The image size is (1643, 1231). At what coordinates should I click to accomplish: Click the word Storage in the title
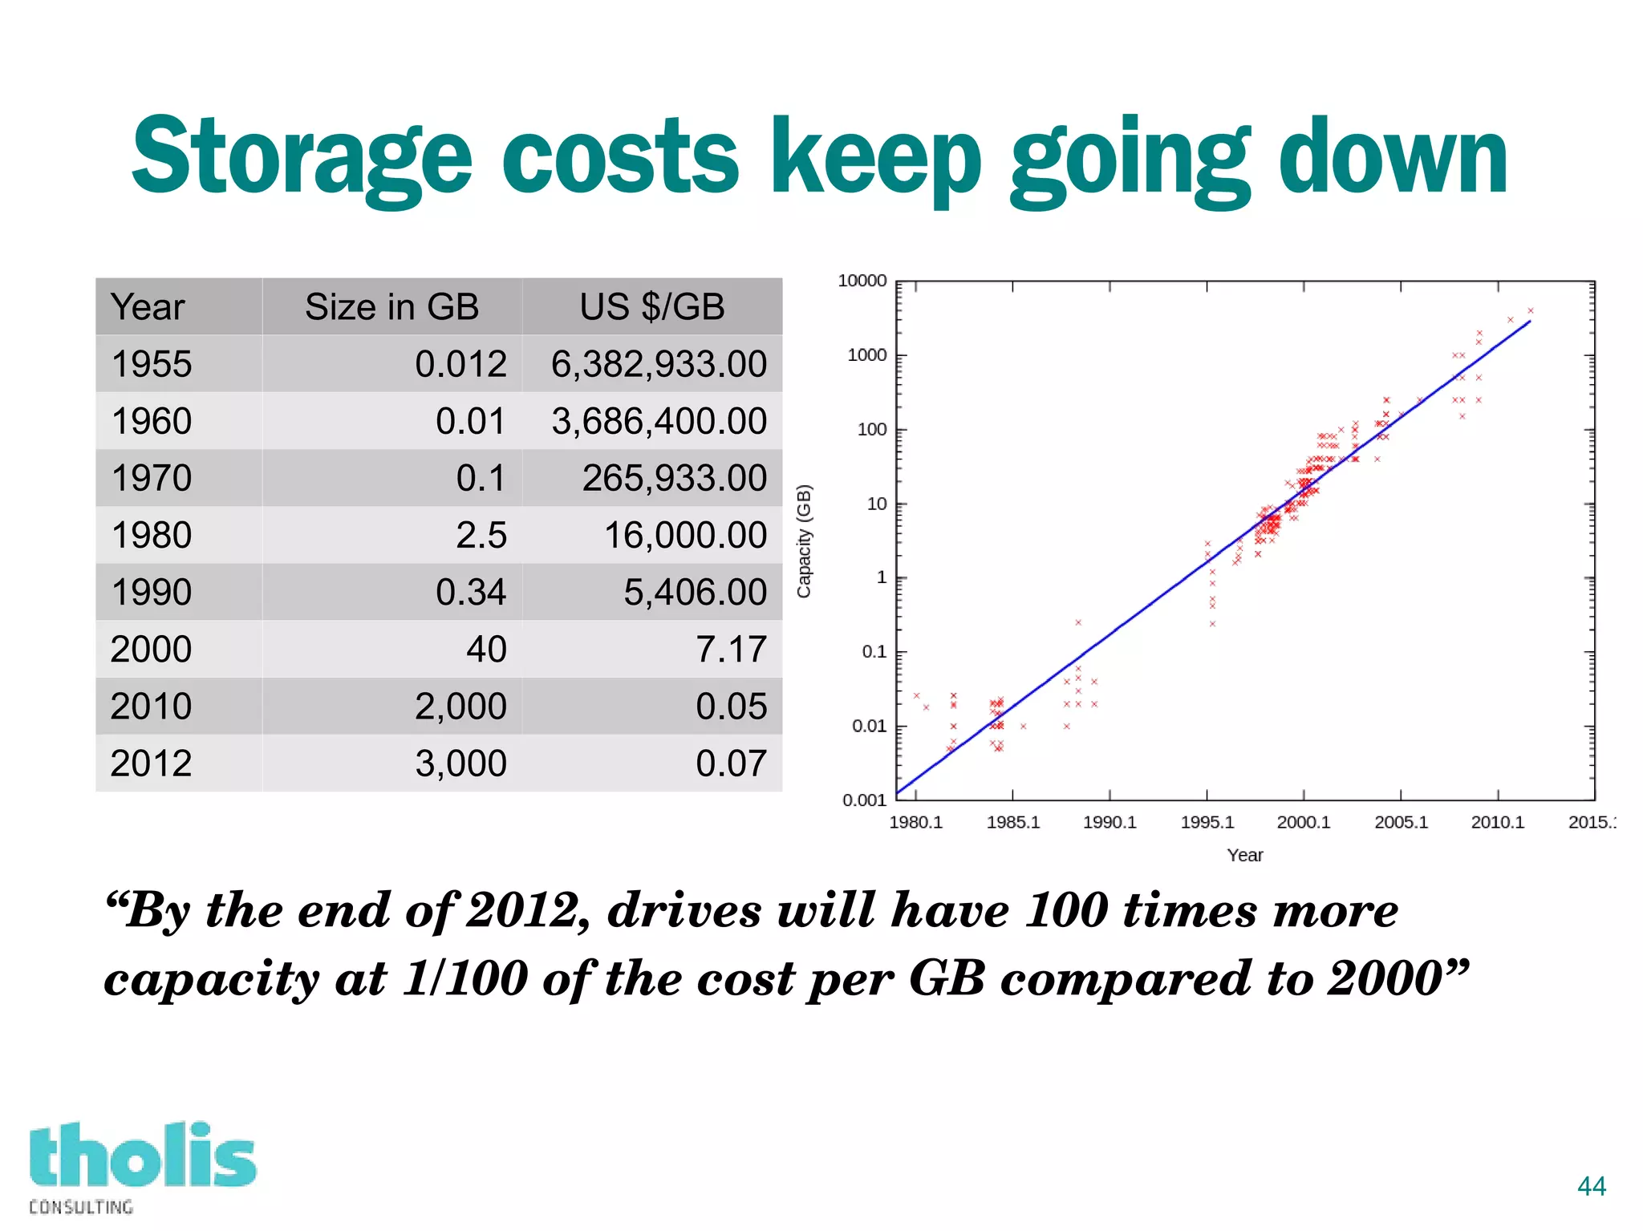click(301, 156)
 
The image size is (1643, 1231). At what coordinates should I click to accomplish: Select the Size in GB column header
click(391, 307)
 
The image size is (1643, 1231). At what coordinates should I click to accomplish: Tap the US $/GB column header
click(651, 307)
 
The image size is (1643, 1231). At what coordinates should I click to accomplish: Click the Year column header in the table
click(148, 307)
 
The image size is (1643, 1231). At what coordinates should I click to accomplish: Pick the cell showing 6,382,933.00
click(658, 364)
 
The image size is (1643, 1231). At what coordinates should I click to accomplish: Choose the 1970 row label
click(152, 478)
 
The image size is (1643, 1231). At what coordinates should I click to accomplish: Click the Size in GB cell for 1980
click(481, 535)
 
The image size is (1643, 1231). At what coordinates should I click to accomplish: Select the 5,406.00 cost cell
click(695, 592)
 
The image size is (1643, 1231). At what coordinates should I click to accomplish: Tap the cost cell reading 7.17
click(731, 649)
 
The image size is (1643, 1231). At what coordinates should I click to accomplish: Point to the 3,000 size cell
click(460, 763)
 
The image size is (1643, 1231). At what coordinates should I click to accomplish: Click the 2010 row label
click(152, 706)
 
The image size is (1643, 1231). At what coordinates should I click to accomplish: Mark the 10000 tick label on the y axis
click(862, 281)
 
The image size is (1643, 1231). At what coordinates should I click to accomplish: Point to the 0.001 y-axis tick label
click(864, 800)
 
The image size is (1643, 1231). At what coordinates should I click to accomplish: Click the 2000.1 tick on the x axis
click(1303, 822)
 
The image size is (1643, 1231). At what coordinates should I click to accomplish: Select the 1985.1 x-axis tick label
click(1012, 822)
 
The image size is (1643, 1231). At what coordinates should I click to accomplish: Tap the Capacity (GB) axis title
click(804, 541)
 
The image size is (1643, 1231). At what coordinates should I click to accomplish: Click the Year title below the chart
click(1244, 855)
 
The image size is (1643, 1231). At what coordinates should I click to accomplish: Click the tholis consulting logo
click(142, 1167)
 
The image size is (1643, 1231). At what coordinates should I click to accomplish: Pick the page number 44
click(1591, 1185)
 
